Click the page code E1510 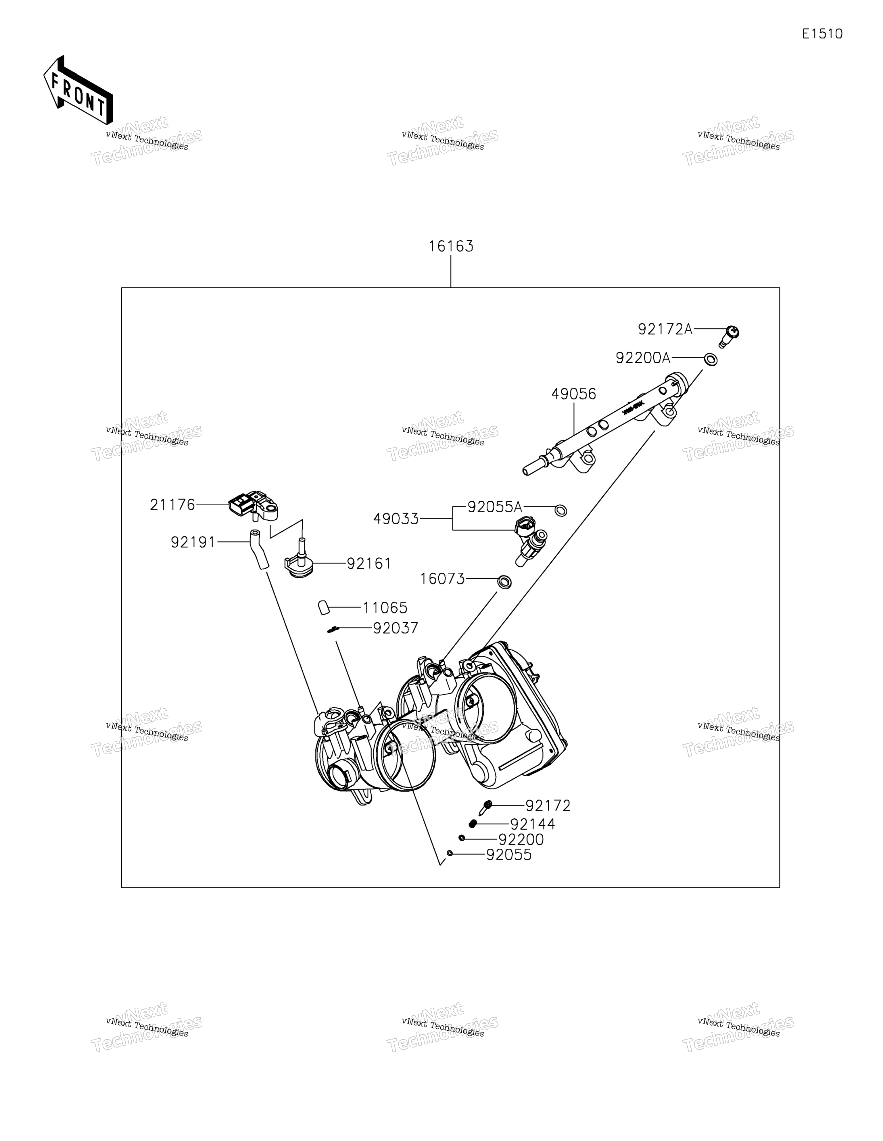pyautogui.click(x=822, y=34)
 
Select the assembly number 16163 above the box pyautogui.click(x=451, y=246)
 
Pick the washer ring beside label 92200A pyautogui.click(x=711, y=359)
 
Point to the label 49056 pyautogui.click(x=574, y=394)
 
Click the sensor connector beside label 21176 pyautogui.click(x=254, y=506)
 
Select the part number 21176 pyautogui.click(x=172, y=505)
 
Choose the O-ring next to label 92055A pyautogui.click(x=560, y=511)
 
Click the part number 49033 pyautogui.click(x=396, y=519)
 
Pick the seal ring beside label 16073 pyautogui.click(x=504, y=582)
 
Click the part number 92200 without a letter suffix pyautogui.click(x=521, y=839)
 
